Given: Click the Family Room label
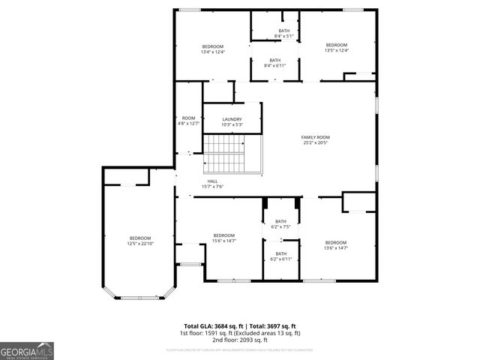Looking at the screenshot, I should point(316,137).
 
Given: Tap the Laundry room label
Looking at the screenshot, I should point(232,119).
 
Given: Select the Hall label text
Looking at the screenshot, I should point(213,181).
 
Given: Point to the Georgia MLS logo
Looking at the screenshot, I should point(27,350).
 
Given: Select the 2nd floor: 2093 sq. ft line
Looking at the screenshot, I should point(240,340).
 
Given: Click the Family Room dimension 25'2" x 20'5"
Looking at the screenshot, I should point(316,142).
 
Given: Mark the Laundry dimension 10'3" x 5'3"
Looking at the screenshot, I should point(232,124).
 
